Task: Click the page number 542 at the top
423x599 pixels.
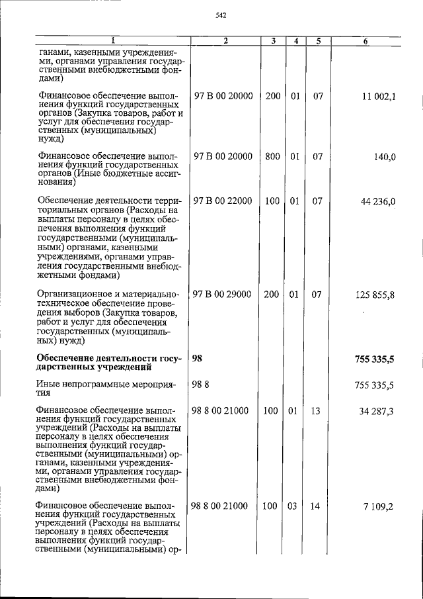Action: pos(221,16)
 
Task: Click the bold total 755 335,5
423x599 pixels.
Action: pos(374,359)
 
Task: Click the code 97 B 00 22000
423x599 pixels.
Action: pos(223,201)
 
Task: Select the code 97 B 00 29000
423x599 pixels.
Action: pos(223,295)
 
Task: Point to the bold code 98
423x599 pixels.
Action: pos(197,359)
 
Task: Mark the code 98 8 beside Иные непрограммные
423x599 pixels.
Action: pos(200,385)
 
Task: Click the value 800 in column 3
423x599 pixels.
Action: pos(272,157)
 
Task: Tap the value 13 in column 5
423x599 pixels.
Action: pos(315,411)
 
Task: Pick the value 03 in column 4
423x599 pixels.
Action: pos(295,506)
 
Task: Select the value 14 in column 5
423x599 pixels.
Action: pos(315,506)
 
